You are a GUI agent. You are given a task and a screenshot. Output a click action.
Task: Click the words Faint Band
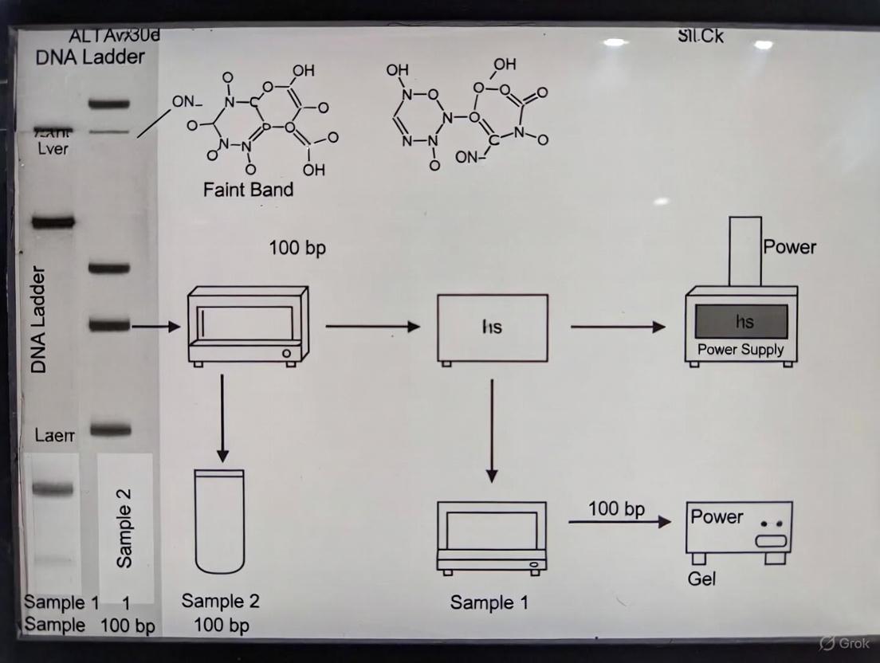pyautogui.click(x=248, y=190)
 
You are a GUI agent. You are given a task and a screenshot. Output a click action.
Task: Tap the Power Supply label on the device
pyautogui.click(x=741, y=349)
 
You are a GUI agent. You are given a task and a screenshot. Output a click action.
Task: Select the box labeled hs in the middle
pyautogui.click(x=493, y=328)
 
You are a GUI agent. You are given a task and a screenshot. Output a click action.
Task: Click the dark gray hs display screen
pyautogui.click(x=741, y=321)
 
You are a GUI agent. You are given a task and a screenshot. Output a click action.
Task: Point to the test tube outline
pyautogui.click(x=219, y=521)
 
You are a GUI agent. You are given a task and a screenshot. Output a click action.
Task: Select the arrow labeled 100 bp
pyautogui.click(x=619, y=521)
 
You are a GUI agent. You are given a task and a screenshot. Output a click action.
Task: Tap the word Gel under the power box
pyautogui.click(x=701, y=579)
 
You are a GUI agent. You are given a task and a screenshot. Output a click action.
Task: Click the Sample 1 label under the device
pyautogui.click(x=489, y=602)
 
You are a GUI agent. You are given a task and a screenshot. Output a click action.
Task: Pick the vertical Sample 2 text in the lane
pyautogui.click(x=124, y=528)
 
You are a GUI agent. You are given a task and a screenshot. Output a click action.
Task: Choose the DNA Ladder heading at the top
pyautogui.click(x=90, y=57)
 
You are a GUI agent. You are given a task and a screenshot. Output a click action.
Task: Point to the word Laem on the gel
pyautogui.click(x=54, y=435)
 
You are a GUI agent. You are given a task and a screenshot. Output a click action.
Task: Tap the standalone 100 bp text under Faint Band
pyautogui.click(x=297, y=248)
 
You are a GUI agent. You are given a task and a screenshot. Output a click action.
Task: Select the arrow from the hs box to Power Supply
pyautogui.click(x=618, y=326)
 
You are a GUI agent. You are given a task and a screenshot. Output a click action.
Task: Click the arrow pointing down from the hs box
pyautogui.click(x=492, y=430)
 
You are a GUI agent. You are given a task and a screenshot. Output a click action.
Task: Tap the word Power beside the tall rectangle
pyautogui.click(x=789, y=247)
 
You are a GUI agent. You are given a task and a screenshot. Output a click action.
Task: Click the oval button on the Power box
pyautogui.click(x=771, y=541)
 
